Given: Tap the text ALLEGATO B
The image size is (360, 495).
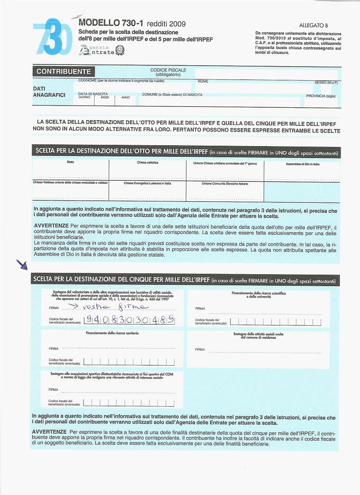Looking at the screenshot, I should pyautogui.click(x=313, y=26).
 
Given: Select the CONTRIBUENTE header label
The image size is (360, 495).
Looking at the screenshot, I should pyautogui.click(x=64, y=72).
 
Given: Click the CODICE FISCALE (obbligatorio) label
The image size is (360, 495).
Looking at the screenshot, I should pyautogui.click(x=168, y=72).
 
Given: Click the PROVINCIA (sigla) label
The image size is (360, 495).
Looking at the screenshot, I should pyautogui.click(x=321, y=96).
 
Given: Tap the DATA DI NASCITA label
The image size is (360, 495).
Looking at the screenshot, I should pyautogui.click(x=93, y=94).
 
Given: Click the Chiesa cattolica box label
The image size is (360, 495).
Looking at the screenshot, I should pyautogui.click(x=148, y=163).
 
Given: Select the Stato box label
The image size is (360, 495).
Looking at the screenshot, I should pyautogui.click(x=71, y=162).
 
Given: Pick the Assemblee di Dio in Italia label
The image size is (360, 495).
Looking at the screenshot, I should pyautogui.click(x=303, y=164).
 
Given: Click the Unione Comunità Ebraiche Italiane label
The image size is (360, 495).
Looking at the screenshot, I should pyautogui.click(x=225, y=184).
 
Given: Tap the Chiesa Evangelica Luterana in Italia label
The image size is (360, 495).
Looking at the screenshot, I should pyautogui.click(x=148, y=183).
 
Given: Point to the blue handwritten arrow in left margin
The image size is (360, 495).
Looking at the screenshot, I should pyautogui.click(x=22, y=265).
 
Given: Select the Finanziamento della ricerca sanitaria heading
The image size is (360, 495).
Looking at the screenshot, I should pyautogui.click(x=112, y=333).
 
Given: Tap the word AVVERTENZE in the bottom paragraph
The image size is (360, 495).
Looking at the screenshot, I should pyautogui.click(x=49, y=431).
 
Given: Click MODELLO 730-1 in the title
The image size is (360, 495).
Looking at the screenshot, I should pyautogui.click(x=112, y=23).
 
